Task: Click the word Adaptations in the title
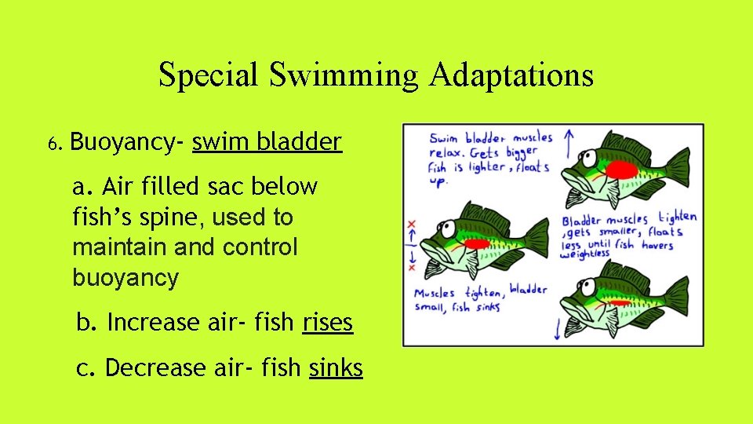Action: coord(511,75)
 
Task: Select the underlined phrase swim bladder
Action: coord(267,142)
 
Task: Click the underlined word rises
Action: coord(327,323)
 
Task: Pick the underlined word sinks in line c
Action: coord(336,367)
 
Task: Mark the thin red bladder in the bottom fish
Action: coord(620,302)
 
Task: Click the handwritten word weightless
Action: coord(585,254)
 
